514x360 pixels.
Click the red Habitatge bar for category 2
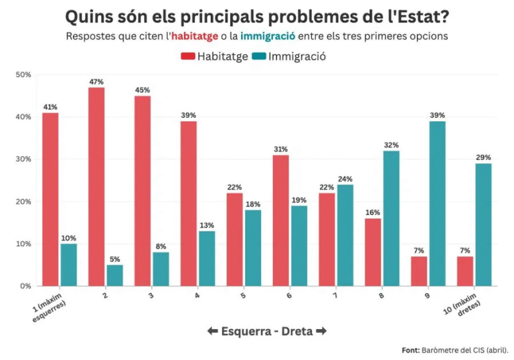[96, 187]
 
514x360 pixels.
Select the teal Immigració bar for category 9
[437, 203]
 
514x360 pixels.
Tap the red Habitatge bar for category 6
[280, 220]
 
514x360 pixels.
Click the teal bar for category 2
[114, 275]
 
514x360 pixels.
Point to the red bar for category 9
[419, 271]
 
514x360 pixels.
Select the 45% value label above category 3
[142, 90]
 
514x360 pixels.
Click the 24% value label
[345, 179]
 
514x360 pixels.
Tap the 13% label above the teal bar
[207, 226]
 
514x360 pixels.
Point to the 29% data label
[483, 158]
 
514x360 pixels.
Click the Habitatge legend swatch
[187, 57]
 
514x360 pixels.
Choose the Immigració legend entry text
[296, 57]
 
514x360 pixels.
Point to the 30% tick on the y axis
[23, 159]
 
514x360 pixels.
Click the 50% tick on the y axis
[23, 74]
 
